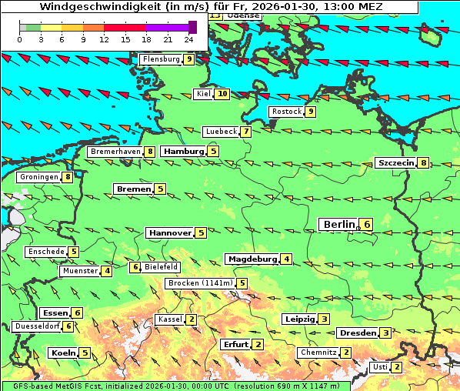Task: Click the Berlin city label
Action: coord(338,224)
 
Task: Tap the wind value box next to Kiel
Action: coord(223,94)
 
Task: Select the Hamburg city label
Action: coord(183,152)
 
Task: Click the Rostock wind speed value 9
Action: coord(311,112)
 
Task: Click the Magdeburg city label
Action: coord(252,259)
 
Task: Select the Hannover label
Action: coord(170,232)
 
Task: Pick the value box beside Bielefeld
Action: coord(135,267)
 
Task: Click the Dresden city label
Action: coord(358,333)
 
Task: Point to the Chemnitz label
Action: coord(318,353)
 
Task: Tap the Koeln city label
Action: coord(62,353)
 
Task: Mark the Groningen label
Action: coord(39,177)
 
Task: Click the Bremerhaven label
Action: coord(115,152)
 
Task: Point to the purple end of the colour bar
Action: coord(192,27)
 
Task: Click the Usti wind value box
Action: coord(397,367)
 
